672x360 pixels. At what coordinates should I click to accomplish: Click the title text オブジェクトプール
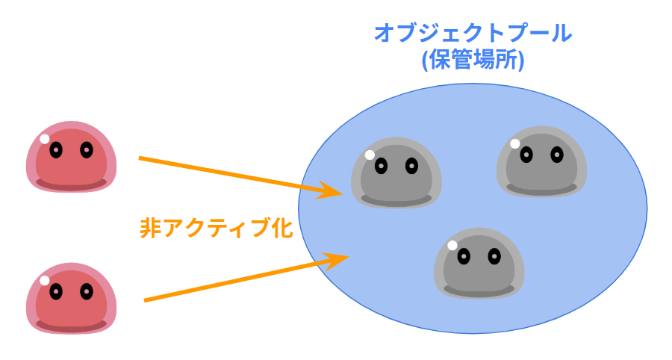click(x=473, y=34)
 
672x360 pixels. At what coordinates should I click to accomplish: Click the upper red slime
click(x=71, y=157)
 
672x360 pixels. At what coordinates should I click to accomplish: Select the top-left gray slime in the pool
click(x=396, y=173)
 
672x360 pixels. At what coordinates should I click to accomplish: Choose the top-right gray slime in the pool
click(x=541, y=161)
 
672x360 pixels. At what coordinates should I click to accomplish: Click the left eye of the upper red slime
click(x=55, y=149)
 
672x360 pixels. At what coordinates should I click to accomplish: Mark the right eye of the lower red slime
click(x=86, y=291)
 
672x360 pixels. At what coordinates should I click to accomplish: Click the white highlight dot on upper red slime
click(x=45, y=139)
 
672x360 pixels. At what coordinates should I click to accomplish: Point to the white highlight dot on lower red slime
click(x=45, y=280)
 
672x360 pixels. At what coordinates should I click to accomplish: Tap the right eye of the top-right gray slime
click(x=556, y=155)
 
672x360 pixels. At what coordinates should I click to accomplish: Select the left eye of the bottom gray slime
click(x=464, y=256)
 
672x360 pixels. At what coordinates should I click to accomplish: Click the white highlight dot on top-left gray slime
click(x=369, y=155)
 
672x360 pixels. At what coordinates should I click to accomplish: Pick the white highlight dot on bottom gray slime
click(x=452, y=245)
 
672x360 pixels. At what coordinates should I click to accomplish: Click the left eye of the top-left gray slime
click(x=381, y=166)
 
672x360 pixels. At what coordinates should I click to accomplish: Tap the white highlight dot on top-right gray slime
click(x=514, y=143)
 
